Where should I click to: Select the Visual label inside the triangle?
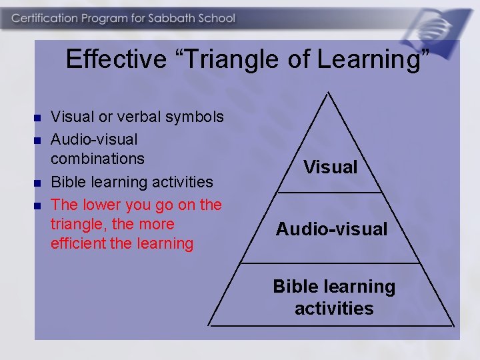click(331, 167)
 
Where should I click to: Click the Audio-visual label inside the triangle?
click(331, 229)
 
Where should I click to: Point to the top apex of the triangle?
click(329, 92)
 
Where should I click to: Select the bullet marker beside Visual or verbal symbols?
click(37, 118)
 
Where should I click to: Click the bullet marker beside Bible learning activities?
click(37, 183)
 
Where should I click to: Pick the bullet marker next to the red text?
click(37, 205)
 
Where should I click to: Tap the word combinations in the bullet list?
click(97, 159)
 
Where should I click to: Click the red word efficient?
click(78, 243)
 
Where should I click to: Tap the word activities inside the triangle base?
click(334, 309)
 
